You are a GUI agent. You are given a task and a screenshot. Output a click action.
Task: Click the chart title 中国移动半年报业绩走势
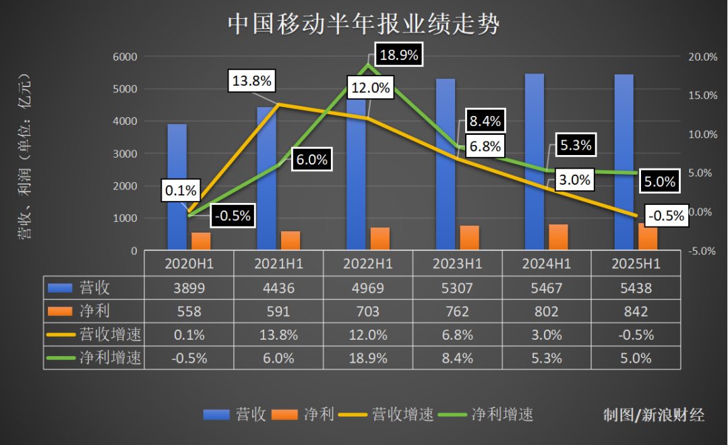pos(364,25)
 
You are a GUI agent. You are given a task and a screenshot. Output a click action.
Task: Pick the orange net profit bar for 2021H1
pos(291,241)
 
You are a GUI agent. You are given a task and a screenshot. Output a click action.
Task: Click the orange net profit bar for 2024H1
pos(558,237)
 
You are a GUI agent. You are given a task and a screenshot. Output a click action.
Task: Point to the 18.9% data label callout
pos(399,55)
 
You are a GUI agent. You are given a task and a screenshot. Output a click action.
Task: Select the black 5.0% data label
pos(660,181)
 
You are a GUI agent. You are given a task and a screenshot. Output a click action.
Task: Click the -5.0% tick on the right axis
pos(702,251)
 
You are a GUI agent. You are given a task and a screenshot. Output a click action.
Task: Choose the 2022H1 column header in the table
pos(368,264)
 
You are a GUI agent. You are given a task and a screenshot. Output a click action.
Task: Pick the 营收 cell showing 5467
pos(547,288)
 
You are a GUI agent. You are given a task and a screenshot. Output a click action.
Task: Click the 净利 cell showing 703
pos(368,311)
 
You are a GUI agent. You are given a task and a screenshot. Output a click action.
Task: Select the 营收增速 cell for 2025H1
pos(636,335)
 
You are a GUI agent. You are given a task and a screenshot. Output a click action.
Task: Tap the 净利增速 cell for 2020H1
pos(189,359)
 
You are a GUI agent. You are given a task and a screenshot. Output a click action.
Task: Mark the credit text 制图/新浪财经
pos(653,415)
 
